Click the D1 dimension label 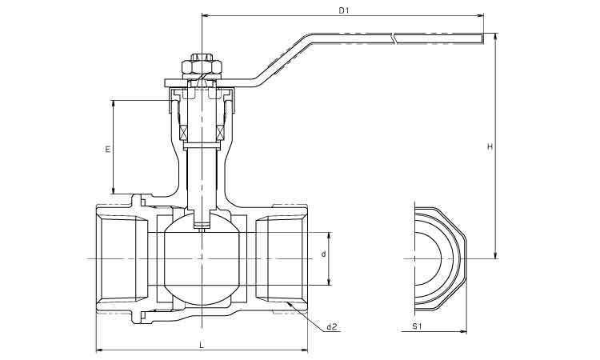pos(343,10)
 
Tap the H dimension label pos(489,146)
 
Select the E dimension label pos(107,149)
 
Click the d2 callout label pos(332,326)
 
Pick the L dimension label pos(200,344)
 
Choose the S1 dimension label pos(416,326)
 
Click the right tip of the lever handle pos(482,37)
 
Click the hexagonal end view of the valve pos(440,259)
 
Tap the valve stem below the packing pos(202,176)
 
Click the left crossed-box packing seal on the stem pos(182,133)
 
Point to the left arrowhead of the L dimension pos(98,350)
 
